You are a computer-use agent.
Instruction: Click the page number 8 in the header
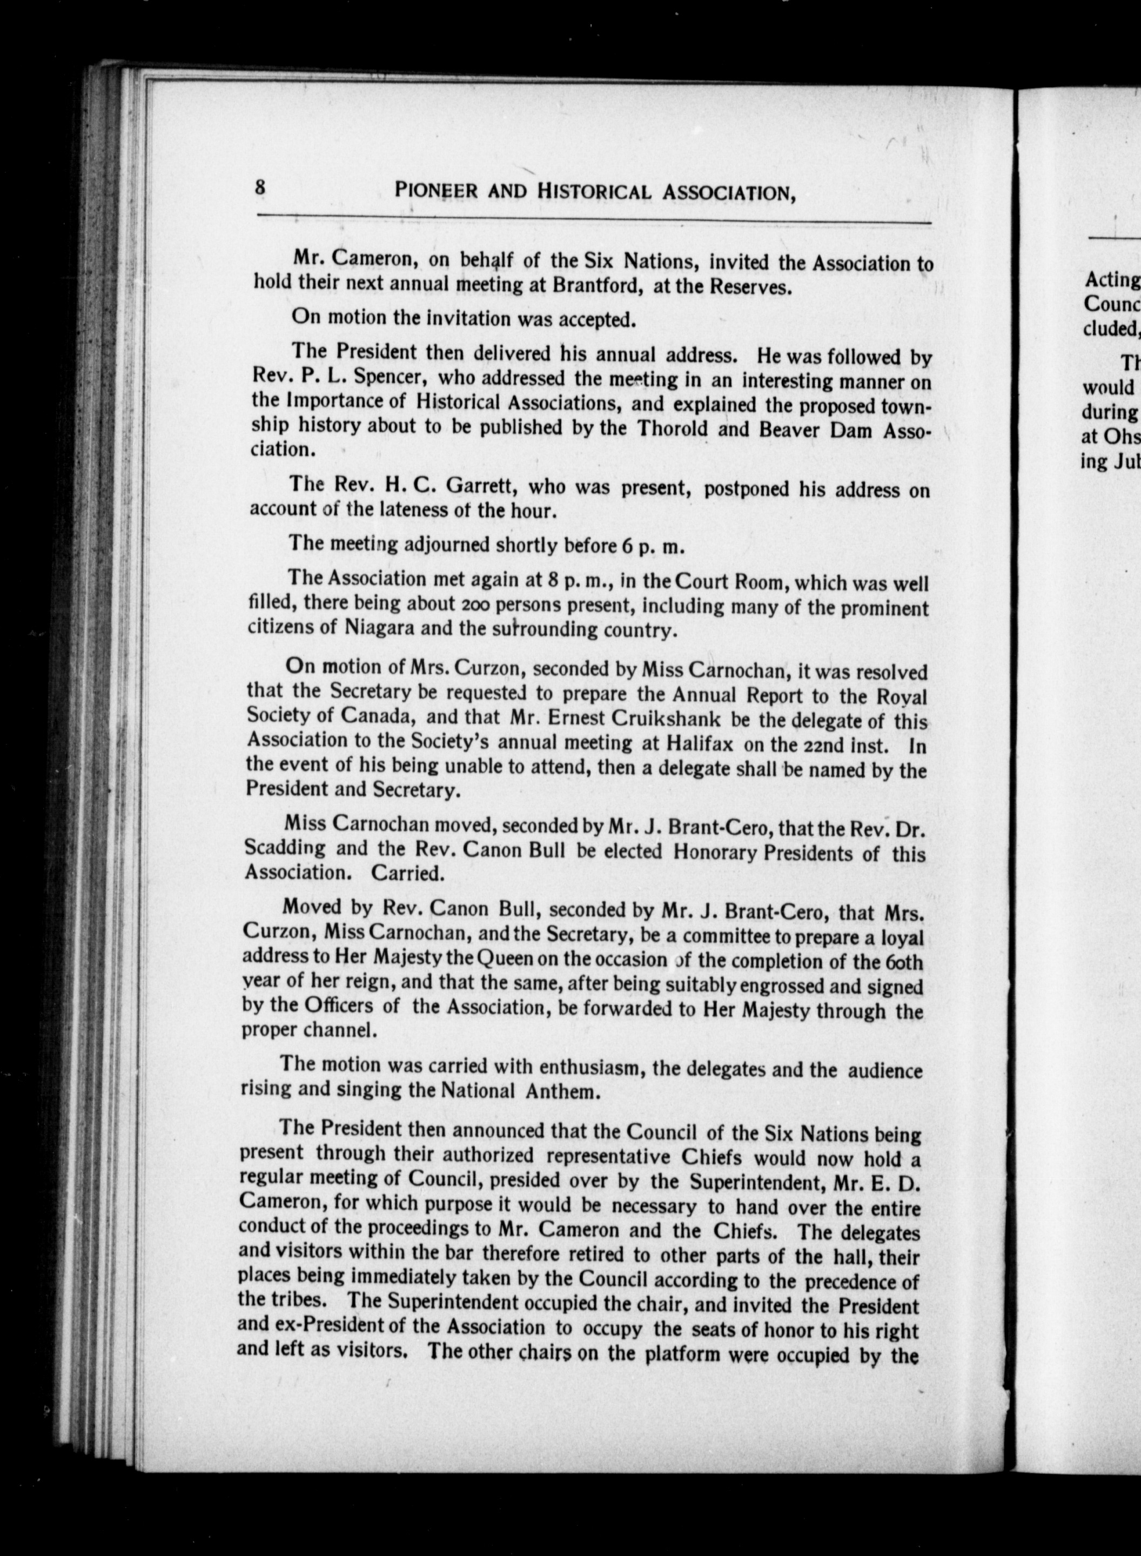260,186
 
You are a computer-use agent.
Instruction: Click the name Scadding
285,847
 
